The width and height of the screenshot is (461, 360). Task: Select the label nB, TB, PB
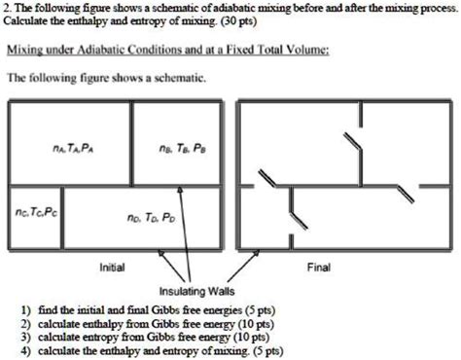(x=182, y=149)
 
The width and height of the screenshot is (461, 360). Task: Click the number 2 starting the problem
(x=5, y=8)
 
